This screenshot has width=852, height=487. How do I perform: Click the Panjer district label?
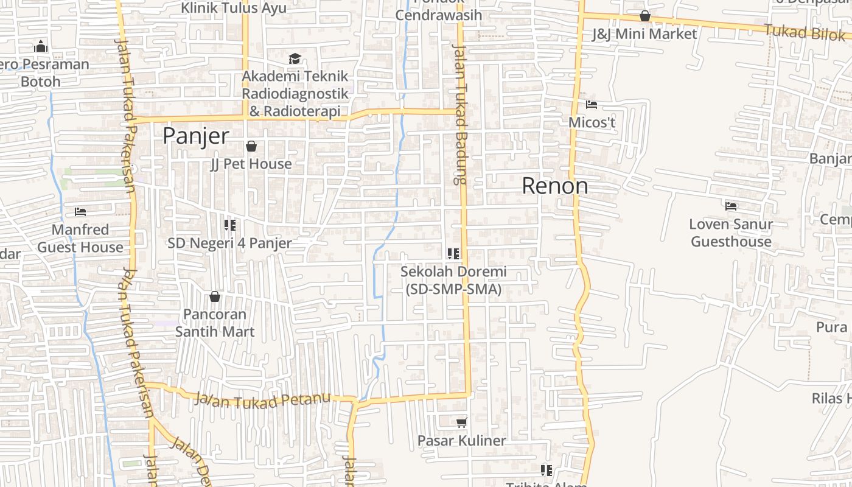[195, 136]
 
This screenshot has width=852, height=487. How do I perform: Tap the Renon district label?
[555, 186]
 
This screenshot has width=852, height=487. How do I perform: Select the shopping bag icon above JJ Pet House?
[251, 146]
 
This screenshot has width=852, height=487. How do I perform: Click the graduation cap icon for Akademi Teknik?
[295, 59]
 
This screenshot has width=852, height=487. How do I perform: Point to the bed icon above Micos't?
[592, 105]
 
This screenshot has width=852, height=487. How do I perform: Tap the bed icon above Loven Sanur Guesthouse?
[731, 206]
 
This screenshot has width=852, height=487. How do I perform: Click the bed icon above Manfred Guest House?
[80, 212]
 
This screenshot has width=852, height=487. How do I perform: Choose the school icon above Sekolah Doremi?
[453, 253]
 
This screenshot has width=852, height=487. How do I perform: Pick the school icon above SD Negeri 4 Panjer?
[229, 225]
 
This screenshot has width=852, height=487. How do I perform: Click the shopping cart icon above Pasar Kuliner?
[462, 422]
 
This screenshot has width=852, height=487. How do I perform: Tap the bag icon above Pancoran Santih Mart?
[214, 296]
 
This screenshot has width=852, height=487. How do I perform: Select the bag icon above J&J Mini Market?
[644, 16]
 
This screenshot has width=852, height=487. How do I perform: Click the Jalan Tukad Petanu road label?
[262, 401]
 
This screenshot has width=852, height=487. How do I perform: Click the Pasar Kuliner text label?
[461, 440]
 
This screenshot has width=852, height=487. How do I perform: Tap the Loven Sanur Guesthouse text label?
[731, 233]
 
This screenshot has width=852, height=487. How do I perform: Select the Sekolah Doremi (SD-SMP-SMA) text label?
[453, 280]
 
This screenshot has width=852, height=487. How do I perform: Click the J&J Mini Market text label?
[644, 34]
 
